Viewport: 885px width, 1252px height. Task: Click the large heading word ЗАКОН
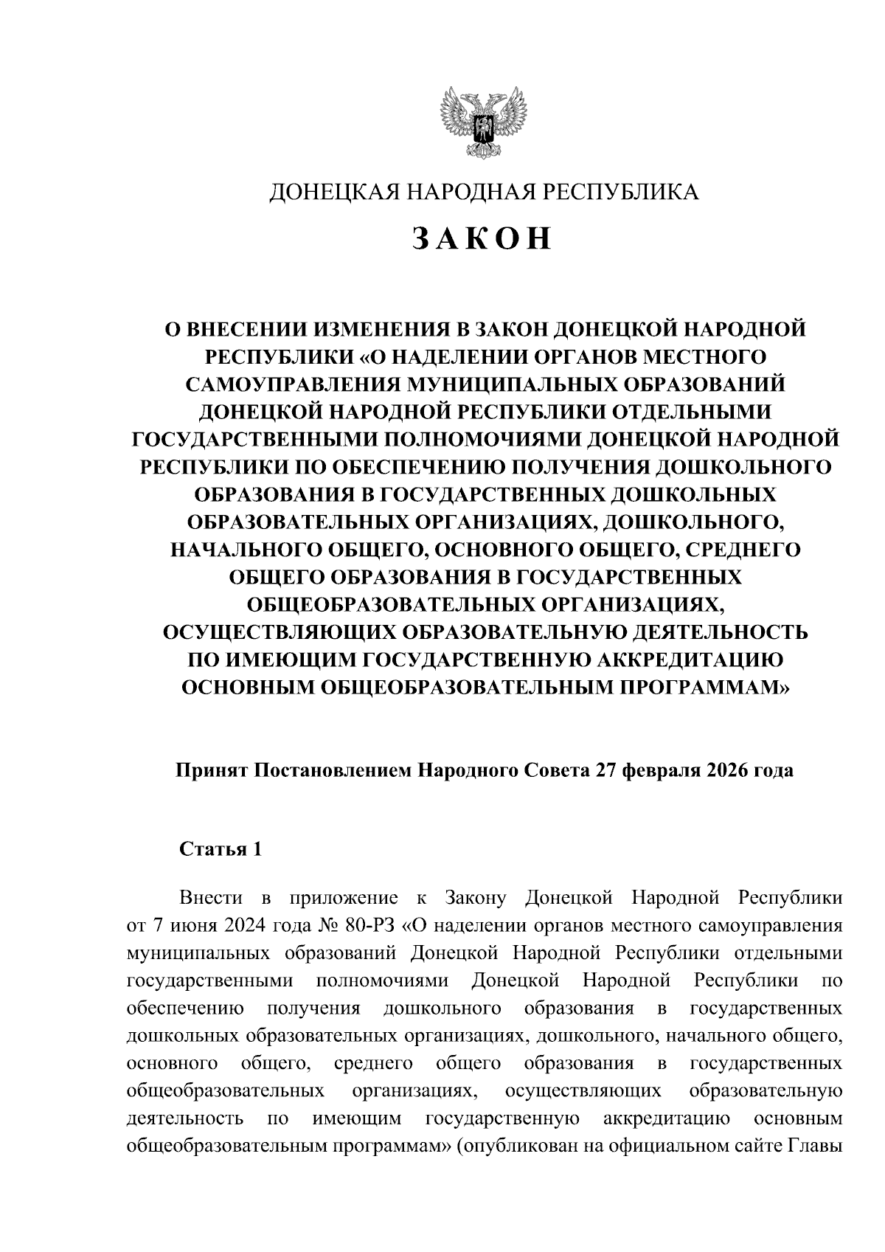[x=482, y=238]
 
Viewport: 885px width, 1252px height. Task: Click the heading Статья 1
[x=221, y=848]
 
